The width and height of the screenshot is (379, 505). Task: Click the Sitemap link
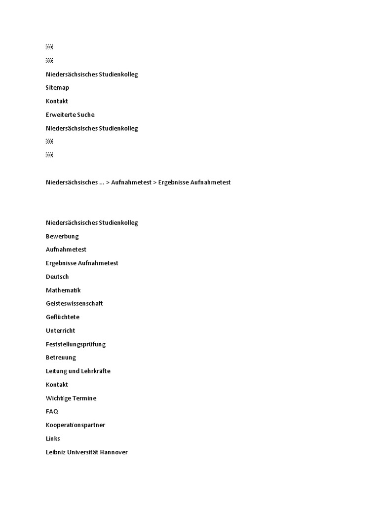(57, 88)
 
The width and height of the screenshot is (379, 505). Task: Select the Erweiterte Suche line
(70, 115)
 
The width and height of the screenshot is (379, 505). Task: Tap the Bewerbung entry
(62, 236)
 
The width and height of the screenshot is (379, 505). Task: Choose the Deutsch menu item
(57, 277)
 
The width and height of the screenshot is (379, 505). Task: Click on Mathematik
(63, 290)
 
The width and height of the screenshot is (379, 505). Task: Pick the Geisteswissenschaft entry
(74, 304)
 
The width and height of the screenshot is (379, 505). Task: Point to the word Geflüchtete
(62, 317)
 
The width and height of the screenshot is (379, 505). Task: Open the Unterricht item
(60, 331)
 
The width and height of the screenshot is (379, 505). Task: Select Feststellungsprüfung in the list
(76, 344)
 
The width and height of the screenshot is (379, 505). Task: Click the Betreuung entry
(61, 358)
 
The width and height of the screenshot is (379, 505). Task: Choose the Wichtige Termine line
(71, 398)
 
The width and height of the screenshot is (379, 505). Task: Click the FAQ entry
(52, 411)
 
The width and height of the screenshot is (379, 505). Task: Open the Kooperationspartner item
(76, 425)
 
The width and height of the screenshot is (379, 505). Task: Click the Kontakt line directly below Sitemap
(57, 102)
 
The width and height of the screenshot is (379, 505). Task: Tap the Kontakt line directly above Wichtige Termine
(57, 385)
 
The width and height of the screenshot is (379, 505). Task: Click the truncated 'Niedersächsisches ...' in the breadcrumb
(75, 182)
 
